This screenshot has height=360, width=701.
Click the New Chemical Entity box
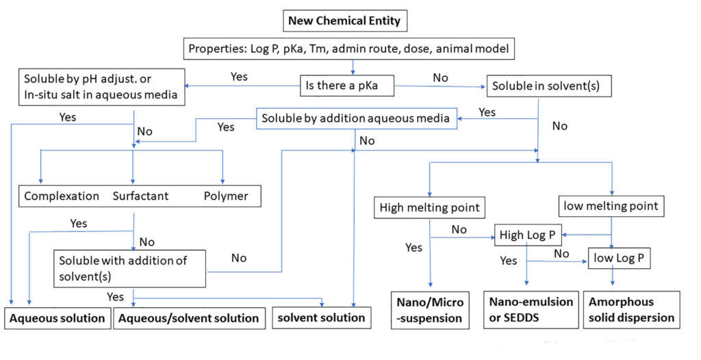coord(344,21)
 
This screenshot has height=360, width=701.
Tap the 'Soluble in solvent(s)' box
coord(548,86)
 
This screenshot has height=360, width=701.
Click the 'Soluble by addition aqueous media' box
coord(356,118)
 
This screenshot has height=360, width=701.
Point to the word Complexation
coord(62,196)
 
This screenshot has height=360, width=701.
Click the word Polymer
coord(226,196)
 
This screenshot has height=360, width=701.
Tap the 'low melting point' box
coord(611,206)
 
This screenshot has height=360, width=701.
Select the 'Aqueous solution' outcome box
coord(57,318)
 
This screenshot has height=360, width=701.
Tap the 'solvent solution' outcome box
coord(320,318)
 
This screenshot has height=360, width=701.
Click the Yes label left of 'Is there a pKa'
coord(240,77)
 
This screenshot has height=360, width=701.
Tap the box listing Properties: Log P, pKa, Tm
coord(348,49)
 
